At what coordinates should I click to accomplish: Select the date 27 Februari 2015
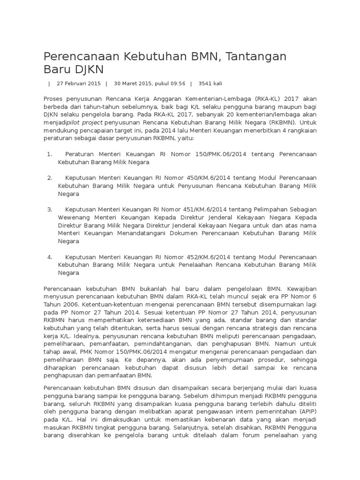pos(79,83)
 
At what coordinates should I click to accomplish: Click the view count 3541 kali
pos(210,83)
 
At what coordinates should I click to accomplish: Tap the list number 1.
pos(49,154)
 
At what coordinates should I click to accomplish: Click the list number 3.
pos(49,210)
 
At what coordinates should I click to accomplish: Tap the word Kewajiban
pos(300,289)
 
